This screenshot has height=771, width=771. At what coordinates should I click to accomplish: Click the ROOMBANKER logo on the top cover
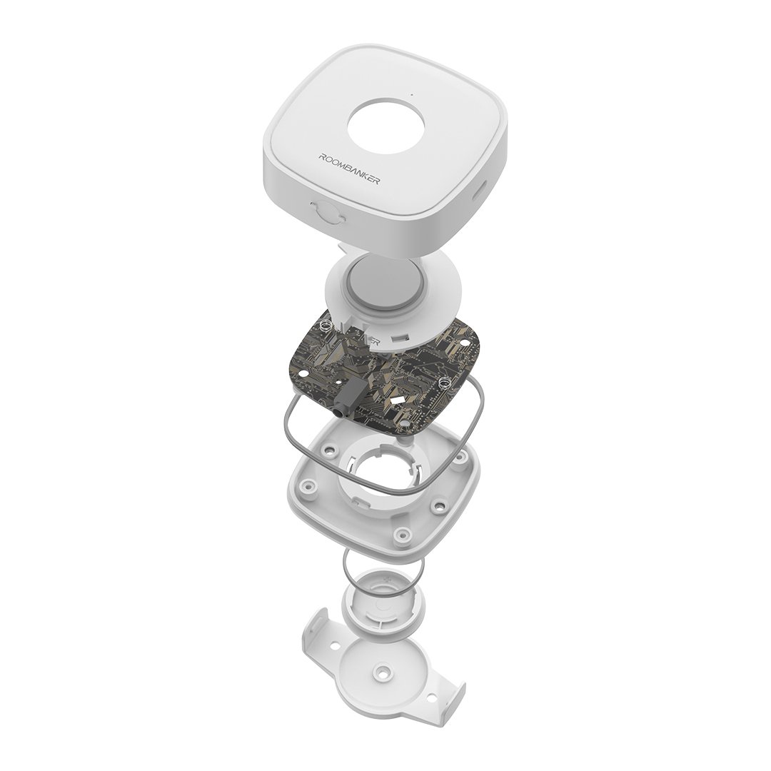click(349, 169)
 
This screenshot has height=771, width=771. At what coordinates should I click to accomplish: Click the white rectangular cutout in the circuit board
click(396, 402)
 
